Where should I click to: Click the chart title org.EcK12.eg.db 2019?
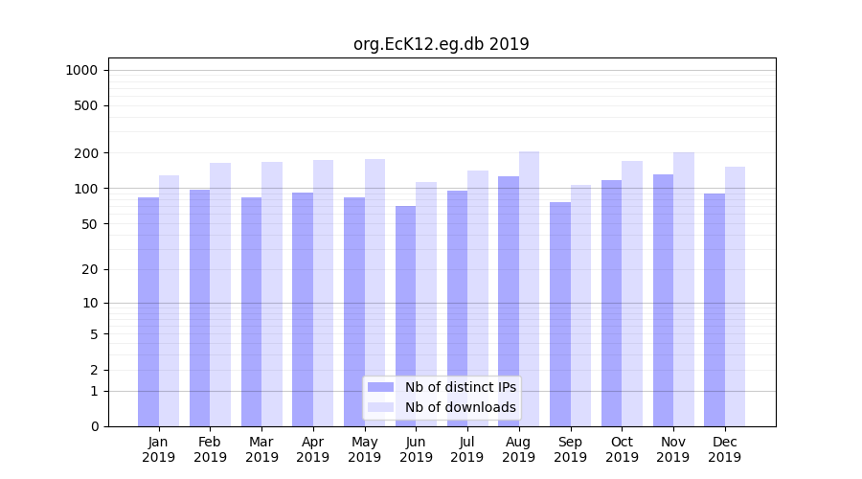coord(441,44)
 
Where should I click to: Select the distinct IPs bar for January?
coord(148,311)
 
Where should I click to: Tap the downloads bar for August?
coord(529,287)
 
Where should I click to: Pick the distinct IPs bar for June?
coord(405,316)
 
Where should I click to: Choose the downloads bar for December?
coord(735,296)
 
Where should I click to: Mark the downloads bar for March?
coord(272,293)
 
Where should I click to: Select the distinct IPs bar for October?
coord(611,303)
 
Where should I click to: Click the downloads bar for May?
coord(374,292)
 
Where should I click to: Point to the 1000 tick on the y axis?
coord(81,70)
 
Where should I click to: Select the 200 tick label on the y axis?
coord(86,153)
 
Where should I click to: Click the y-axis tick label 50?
coord(90,224)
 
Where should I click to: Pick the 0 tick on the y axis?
coord(94,426)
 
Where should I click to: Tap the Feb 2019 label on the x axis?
coord(210,449)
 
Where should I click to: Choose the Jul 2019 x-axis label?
coord(467,449)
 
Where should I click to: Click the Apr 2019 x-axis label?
coord(313,449)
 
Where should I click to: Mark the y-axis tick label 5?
coord(94,334)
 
